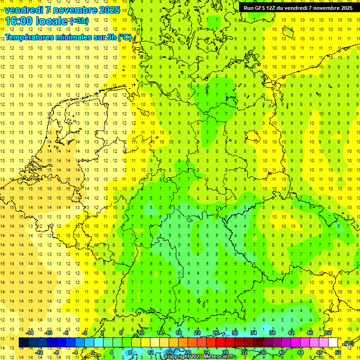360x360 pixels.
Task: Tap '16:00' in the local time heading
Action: click(18, 21)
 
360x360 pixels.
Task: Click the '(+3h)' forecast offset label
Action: click(78, 21)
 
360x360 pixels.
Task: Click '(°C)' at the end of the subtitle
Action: click(124, 37)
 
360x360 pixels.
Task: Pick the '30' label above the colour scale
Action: click(235, 333)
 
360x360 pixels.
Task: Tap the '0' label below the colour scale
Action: click(93, 352)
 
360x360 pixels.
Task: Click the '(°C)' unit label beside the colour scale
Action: click(348, 343)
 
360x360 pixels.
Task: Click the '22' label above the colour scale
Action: click(197, 333)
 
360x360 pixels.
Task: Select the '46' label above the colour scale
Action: click(309, 333)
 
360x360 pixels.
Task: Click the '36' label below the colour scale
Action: click(262, 352)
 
